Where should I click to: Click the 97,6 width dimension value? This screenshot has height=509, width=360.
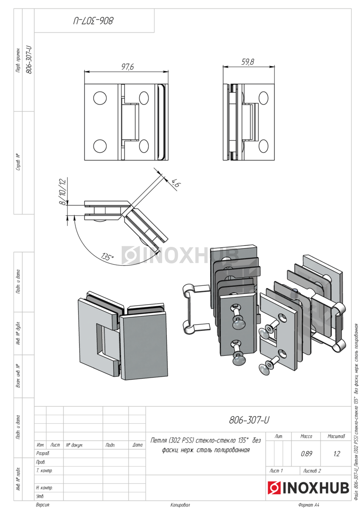[x=127, y=67]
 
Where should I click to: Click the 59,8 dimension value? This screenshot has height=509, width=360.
[x=247, y=62]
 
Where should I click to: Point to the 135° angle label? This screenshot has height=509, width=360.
[x=107, y=257]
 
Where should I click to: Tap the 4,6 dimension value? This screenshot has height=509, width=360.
[x=176, y=182]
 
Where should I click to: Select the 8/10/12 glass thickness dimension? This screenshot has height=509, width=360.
[x=63, y=192]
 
